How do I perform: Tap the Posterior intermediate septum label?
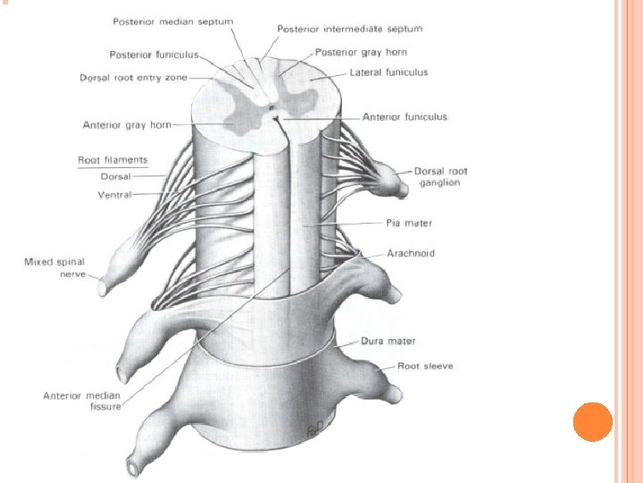(x=349, y=30)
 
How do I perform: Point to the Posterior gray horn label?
(x=361, y=52)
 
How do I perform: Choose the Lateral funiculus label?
(x=388, y=72)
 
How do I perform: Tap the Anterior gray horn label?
(x=127, y=125)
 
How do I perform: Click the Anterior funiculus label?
(x=405, y=116)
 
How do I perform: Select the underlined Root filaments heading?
(x=113, y=160)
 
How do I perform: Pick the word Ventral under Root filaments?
(x=114, y=194)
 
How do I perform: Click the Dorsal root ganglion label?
(x=440, y=176)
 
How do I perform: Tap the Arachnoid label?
(x=411, y=254)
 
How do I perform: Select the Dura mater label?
(x=388, y=341)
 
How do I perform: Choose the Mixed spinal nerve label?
(x=55, y=267)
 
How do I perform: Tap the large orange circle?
(x=592, y=421)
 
